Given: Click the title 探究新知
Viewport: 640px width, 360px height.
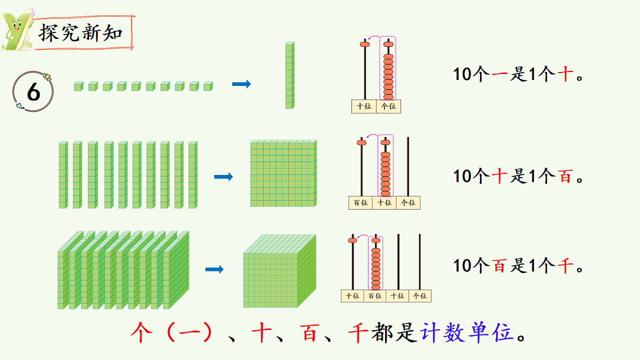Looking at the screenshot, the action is click(81, 33).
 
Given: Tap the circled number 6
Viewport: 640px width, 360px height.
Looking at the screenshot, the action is click(33, 93).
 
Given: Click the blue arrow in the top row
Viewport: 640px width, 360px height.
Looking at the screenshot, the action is click(241, 84).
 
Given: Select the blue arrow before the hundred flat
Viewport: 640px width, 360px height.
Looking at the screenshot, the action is click(223, 177).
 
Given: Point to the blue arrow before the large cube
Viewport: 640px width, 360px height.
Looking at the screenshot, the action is click(214, 270).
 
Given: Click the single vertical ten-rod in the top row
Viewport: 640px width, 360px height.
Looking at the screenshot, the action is click(289, 75).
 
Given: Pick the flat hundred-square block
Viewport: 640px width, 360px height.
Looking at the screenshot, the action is click(283, 173).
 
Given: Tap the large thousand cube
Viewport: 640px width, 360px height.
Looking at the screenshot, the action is click(279, 271).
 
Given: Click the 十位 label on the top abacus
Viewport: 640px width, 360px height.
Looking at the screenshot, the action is click(364, 107).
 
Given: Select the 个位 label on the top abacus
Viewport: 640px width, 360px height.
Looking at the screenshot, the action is click(388, 107).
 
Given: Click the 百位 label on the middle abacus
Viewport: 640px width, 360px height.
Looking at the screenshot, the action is click(361, 203).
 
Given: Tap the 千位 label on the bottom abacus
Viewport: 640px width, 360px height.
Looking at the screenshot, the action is click(352, 296).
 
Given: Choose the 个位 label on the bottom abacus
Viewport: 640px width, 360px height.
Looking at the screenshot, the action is click(420, 296).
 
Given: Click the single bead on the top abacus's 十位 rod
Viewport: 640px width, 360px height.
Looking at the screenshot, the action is click(365, 45).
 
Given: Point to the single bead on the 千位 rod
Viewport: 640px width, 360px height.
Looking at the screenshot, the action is click(352, 241).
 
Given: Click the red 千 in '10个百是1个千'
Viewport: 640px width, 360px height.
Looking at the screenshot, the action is click(565, 265).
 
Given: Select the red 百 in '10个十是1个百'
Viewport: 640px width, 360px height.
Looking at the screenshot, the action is click(565, 175).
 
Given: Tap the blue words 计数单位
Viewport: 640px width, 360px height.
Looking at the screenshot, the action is click(468, 333).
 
